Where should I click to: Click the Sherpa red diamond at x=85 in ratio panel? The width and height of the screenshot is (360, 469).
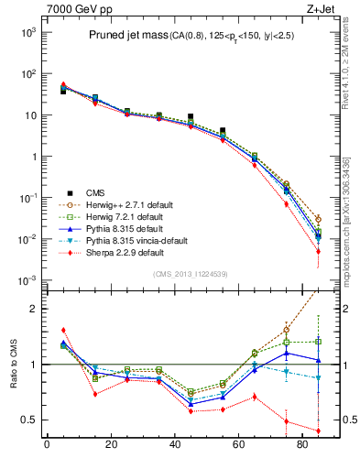click(x=319, y=431)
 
